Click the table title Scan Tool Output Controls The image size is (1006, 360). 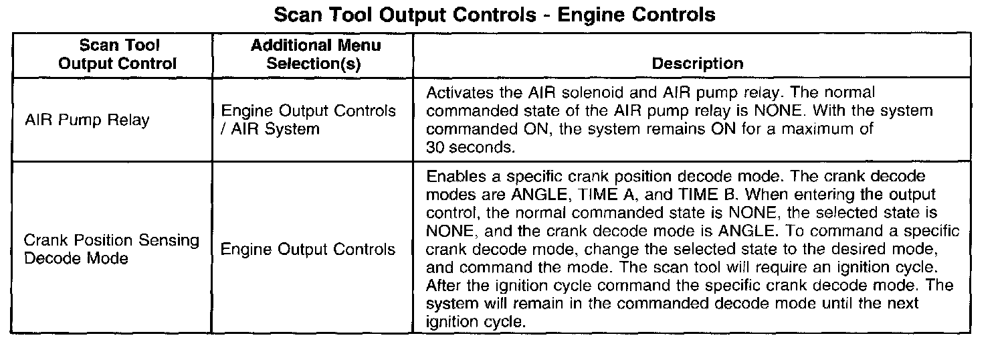pyautogui.click(x=495, y=15)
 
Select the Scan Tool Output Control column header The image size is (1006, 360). pyautogui.click(x=118, y=55)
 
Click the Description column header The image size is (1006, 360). pyautogui.click(x=697, y=64)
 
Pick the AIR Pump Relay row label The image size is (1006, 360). pyautogui.click(x=86, y=121)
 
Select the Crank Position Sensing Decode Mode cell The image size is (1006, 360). pyautogui.click(x=111, y=249)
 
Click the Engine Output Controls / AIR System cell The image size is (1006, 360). pyautogui.click(x=308, y=119)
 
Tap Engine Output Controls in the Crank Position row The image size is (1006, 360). pyautogui.click(x=308, y=250)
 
